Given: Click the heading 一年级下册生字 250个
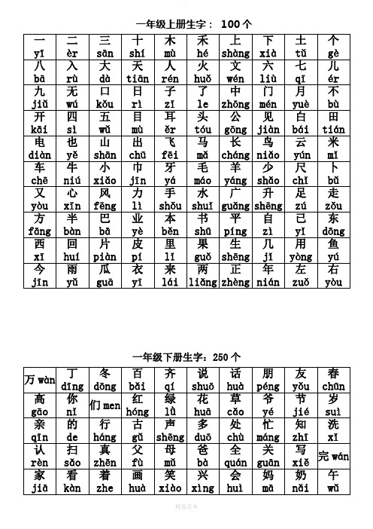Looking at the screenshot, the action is pos(187,356).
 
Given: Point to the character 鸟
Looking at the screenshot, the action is pos(268,142).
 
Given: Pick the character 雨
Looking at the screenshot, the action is pos(72,270).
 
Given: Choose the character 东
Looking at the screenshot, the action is pos(334,219).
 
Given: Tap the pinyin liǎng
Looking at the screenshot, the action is pos(202,283).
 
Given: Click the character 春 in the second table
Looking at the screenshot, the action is pos(334,374).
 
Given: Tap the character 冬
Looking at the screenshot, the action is pos(105,374).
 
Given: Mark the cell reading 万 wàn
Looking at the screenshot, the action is pos(39,379).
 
